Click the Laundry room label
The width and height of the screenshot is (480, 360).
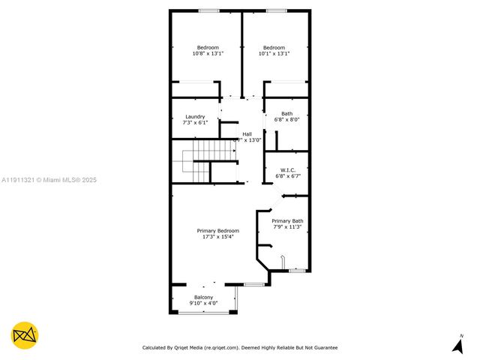(x=195, y=117)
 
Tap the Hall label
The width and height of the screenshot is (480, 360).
(x=247, y=133)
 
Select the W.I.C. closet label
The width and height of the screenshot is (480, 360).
(x=287, y=169)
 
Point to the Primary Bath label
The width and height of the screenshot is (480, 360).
(x=287, y=220)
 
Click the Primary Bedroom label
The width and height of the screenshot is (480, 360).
(x=218, y=230)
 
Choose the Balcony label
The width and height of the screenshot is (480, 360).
(x=202, y=297)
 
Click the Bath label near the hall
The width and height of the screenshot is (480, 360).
(x=287, y=113)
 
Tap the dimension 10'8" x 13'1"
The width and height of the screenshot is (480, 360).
(x=208, y=53)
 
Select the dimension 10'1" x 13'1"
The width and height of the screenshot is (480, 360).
(x=274, y=53)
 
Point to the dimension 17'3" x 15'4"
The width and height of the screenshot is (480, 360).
(x=218, y=237)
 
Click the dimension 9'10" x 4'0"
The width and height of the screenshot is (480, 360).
(x=202, y=303)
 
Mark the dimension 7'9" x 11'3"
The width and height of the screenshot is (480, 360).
(x=287, y=226)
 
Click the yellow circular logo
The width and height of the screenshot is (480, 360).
(x=25, y=335)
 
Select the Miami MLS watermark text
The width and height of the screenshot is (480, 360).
(x=49, y=180)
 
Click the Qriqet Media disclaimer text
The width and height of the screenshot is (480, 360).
(x=240, y=347)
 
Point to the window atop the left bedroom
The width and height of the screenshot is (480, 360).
(x=208, y=10)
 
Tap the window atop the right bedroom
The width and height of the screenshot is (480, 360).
(x=276, y=10)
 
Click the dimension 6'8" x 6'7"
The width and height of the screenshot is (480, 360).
(x=287, y=175)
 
